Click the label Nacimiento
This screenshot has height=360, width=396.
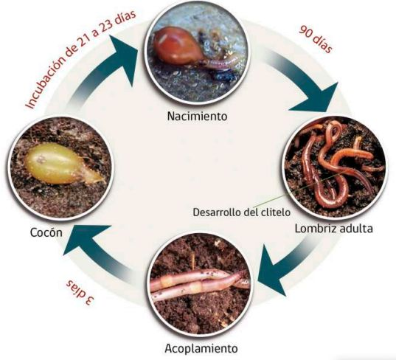tap(197, 117)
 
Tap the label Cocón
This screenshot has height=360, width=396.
tap(46, 232)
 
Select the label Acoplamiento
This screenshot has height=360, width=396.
tap(201, 349)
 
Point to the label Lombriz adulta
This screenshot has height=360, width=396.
tap(333, 229)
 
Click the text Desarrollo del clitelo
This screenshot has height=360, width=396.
tap(242, 212)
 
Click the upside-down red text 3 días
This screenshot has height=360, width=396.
tap(80, 292)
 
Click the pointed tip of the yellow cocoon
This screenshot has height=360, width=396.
tap(103, 180)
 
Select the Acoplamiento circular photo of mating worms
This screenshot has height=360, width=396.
tap(201, 285)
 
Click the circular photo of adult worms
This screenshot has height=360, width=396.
tap(335, 167)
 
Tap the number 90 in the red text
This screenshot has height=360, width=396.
tap(306, 31)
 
